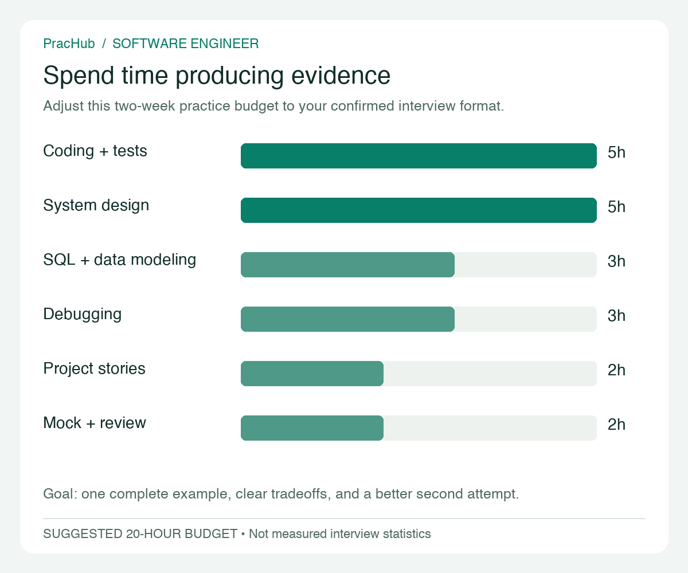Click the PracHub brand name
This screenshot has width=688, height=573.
coord(69,44)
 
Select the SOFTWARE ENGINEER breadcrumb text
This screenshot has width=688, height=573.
coord(186,44)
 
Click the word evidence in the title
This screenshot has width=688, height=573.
coord(341,76)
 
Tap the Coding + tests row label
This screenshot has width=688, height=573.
coord(95,151)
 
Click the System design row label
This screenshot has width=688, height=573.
coord(96,206)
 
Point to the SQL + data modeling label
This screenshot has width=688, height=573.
coord(120,260)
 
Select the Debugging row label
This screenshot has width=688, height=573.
coord(83,315)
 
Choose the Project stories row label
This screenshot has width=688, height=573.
coord(94,368)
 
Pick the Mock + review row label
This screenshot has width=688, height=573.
coord(95,423)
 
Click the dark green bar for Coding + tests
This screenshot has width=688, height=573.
coord(419,156)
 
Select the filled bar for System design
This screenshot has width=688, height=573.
coord(419,210)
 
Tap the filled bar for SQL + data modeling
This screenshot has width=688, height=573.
coord(347,264)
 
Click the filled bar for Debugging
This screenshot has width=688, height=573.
coord(347,319)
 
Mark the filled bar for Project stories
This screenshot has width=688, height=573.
coord(312,374)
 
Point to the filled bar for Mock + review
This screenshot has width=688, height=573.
coord(312,428)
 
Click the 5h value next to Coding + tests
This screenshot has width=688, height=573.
coord(616,152)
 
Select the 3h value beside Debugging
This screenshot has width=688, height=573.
coord(616,316)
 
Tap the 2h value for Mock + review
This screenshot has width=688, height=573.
coord(616,425)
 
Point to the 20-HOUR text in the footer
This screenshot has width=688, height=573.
coord(154,534)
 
